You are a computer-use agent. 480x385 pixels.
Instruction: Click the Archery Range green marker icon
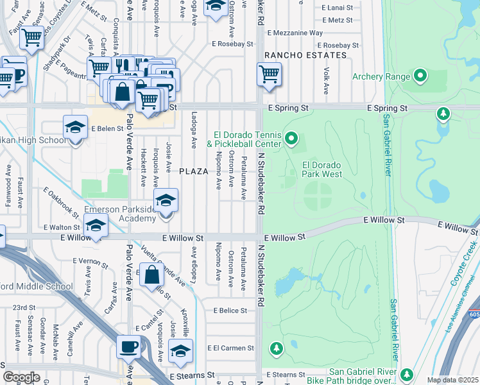click(421, 76)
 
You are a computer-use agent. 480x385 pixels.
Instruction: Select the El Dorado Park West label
click(321, 169)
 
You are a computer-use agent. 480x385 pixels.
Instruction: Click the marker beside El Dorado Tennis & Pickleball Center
click(292, 138)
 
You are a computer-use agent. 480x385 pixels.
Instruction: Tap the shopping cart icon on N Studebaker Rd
click(269, 74)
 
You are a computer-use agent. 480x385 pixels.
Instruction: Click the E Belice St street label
click(230, 311)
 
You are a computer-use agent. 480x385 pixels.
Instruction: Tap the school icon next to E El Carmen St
click(180, 351)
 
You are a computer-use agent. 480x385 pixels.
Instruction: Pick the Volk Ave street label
click(327, 79)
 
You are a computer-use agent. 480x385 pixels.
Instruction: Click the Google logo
click(21, 377)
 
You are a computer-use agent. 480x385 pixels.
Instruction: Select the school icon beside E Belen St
click(75, 126)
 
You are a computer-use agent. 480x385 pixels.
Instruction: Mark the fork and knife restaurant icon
click(121, 65)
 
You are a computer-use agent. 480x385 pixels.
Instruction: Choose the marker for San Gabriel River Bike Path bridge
click(406, 373)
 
